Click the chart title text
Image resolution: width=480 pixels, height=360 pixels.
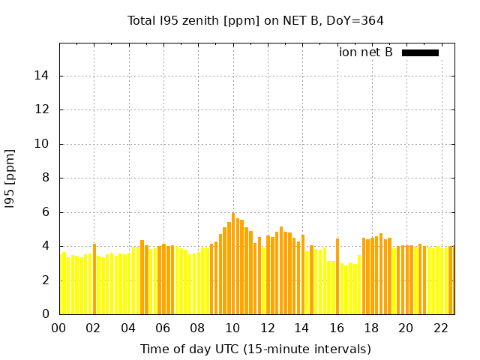pyautogui.click(x=255, y=20)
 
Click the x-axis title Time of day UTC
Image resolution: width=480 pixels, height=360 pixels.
pyautogui.click(x=255, y=349)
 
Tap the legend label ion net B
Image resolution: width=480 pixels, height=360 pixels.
pyautogui.click(x=365, y=52)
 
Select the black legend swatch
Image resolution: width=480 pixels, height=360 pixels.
pyautogui.click(x=420, y=52)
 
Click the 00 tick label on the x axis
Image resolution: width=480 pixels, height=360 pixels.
pyautogui.click(x=59, y=328)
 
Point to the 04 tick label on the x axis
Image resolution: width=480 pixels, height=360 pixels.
pyautogui.click(x=128, y=328)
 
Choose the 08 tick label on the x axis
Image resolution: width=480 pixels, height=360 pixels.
pyautogui.click(x=198, y=328)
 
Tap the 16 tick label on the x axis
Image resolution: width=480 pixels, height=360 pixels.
pyautogui.click(x=337, y=328)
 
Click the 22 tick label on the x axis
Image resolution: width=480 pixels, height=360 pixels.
pyautogui.click(x=441, y=328)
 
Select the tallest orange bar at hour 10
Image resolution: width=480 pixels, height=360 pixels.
pyautogui.click(x=233, y=262)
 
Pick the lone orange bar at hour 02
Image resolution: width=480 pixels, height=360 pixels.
pyautogui.click(x=94, y=279)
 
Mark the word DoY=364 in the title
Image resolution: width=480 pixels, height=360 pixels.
pyautogui.click(x=358, y=20)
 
